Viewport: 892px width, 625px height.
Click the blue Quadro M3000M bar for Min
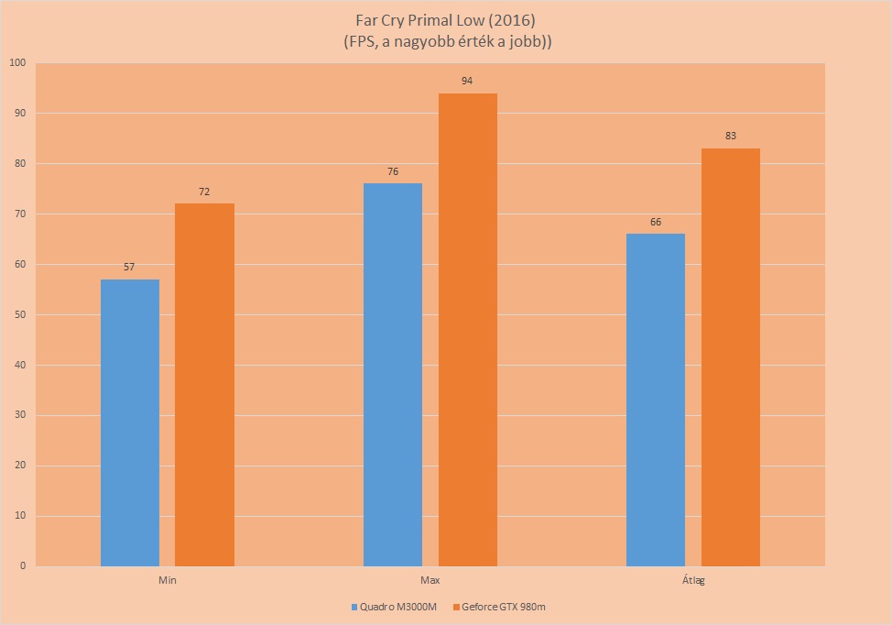[130, 422]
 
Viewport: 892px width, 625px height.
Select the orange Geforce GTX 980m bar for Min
[204, 385]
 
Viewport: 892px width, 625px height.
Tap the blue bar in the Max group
[393, 375]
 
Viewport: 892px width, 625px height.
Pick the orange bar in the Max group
[468, 330]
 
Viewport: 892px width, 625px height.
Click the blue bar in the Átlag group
[656, 400]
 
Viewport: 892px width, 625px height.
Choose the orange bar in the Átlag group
[731, 357]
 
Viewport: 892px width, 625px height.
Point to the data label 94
[467, 81]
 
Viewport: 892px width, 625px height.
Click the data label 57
[129, 267]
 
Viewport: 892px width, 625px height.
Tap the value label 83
[731, 136]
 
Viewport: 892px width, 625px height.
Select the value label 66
[656, 222]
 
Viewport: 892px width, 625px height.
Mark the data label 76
[393, 171]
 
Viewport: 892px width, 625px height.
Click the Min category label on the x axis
[168, 581]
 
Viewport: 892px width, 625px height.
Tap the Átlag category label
[693, 581]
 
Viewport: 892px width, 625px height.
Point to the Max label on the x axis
[430, 581]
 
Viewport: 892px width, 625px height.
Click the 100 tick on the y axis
[17, 62]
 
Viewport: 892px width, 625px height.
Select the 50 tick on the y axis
[20, 314]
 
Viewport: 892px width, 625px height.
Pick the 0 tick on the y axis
[23, 565]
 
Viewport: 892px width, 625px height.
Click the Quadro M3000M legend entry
[394, 607]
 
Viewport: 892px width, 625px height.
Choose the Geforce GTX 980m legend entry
[499, 607]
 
